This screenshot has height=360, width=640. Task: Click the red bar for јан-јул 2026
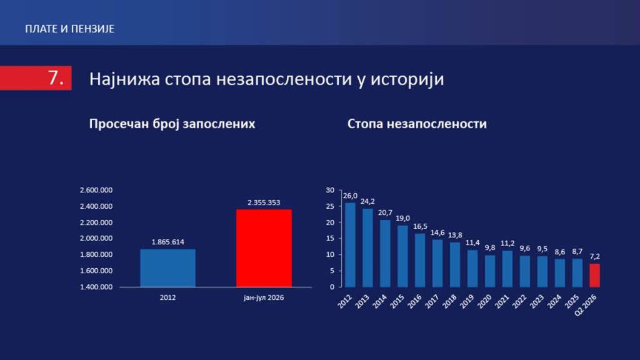264,248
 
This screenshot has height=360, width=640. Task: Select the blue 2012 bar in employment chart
167,267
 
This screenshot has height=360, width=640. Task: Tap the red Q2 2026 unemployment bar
595,275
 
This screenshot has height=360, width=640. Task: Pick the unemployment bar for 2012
350,245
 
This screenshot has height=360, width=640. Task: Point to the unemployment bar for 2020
490,271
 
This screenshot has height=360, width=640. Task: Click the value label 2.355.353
264,202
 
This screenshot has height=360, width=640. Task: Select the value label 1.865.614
167,242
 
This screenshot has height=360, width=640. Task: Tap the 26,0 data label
350,196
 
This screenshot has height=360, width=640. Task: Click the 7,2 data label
595,256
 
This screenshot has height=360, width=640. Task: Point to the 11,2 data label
507,243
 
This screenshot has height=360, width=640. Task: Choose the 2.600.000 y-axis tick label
96,190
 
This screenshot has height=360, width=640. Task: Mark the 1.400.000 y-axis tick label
96,287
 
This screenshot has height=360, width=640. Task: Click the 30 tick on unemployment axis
330,190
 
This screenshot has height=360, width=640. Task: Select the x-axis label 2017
432,302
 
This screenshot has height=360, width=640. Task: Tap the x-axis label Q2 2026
586,305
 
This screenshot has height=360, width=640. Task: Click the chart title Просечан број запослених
172,124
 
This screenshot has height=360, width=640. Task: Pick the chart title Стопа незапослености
417,124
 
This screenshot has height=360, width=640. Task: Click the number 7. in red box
56,77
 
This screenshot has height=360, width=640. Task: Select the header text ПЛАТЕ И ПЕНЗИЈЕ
70,29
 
